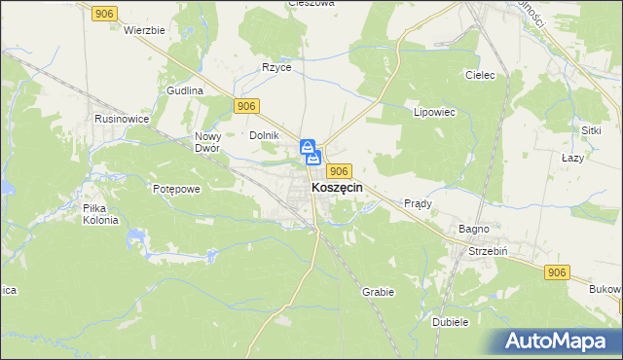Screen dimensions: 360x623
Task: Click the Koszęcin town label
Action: (x=337, y=189)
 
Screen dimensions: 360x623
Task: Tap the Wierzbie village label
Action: (x=144, y=30)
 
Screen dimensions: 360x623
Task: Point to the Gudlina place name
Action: (x=184, y=90)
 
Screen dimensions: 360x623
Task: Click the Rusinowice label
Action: (x=121, y=118)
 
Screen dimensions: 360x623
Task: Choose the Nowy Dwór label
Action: (x=210, y=143)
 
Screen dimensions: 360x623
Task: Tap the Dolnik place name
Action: (x=265, y=135)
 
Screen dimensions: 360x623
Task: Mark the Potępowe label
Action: (x=176, y=188)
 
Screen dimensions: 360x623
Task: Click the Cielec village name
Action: (x=481, y=75)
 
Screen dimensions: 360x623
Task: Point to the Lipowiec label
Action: (x=435, y=112)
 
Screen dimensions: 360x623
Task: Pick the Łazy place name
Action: (x=573, y=157)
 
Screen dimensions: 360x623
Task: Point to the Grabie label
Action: (x=378, y=291)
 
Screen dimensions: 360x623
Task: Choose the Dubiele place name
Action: (x=450, y=321)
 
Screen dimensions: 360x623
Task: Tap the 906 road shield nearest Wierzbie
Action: (x=106, y=12)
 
